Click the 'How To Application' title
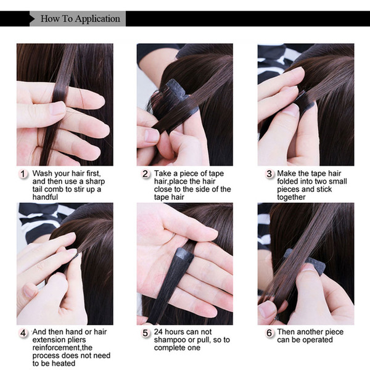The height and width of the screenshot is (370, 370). [x=80, y=18]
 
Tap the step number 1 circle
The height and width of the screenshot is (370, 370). [x=23, y=174]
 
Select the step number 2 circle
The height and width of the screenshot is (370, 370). [x=145, y=174]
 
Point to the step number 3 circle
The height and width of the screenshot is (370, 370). [x=269, y=174]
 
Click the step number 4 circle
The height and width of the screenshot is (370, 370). [x=23, y=333]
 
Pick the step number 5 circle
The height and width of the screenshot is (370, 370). [x=145, y=333]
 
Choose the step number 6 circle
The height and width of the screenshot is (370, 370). [x=269, y=333]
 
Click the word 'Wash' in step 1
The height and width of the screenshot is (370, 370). [x=41, y=173]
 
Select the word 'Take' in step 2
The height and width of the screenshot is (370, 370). [x=163, y=173]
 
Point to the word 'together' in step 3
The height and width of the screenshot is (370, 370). [x=291, y=197]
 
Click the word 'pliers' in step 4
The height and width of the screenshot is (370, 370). [x=76, y=340]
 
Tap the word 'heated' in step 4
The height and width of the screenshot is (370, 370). [x=64, y=363]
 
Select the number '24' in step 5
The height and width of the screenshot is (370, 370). [x=158, y=332]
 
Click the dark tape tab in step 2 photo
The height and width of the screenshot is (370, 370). [x=178, y=89]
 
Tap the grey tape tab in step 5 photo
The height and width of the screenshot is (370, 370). [x=184, y=254]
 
